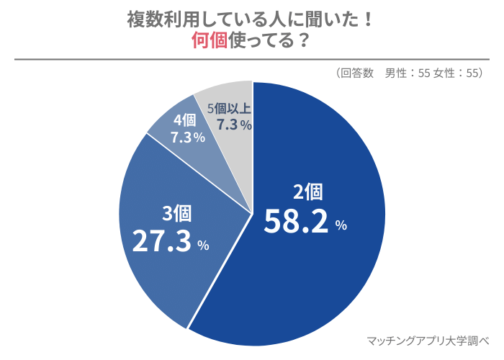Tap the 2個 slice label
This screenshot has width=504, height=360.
click(x=307, y=192)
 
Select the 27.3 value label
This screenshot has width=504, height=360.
click(x=163, y=241)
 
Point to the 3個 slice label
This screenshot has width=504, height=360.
click(x=176, y=213)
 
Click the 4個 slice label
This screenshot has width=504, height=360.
click(x=184, y=120)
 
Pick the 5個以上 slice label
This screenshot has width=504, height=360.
click(x=229, y=109)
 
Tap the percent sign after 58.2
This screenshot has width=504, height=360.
click(x=341, y=225)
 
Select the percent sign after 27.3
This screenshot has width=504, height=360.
click(x=203, y=246)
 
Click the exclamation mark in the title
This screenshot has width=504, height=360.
click(x=369, y=19)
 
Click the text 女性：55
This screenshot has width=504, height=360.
click(x=456, y=73)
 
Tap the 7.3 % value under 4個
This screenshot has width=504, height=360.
click(x=188, y=137)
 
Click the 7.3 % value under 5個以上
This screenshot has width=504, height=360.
click(x=234, y=125)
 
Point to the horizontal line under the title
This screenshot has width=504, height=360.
click(x=252, y=60)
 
